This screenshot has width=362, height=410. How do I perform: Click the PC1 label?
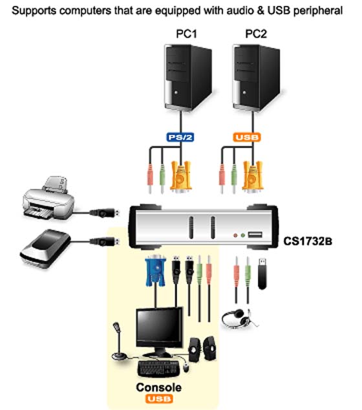click(x=186, y=34)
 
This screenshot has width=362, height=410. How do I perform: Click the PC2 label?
click(x=256, y=34)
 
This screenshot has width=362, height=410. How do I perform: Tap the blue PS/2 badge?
click(x=180, y=137)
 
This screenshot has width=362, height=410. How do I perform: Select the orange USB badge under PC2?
click(x=247, y=137)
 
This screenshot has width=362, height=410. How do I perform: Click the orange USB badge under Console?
click(x=158, y=399)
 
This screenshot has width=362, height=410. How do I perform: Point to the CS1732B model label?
click(x=308, y=241)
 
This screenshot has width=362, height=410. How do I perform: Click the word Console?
click(x=158, y=387)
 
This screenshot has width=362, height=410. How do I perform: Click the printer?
click(x=48, y=198)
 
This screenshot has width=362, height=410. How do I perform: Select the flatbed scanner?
click(x=45, y=248)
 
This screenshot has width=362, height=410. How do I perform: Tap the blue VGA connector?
click(x=155, y=270)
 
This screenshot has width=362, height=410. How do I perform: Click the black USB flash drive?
click(x=262, y=274)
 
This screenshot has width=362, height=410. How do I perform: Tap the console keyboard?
click(x=158, y=369)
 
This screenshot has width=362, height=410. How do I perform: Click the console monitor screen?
click(x=159, y=326)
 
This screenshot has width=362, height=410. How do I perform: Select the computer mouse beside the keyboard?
click(x=186, y=367)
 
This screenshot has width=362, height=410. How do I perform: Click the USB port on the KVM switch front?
click(x=255, y=235)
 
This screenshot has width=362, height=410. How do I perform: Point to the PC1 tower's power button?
click(x=176, y=92)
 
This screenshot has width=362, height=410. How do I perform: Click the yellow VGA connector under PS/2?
click(x=180, y=177)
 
